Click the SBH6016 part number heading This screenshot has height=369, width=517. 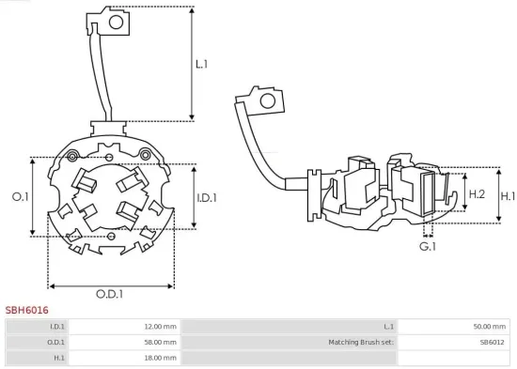(x=26, y=309)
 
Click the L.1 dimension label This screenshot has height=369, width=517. (x=202, y=65)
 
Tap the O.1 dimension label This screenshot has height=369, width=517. (x=20, y=197)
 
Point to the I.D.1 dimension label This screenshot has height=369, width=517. (x=208, y=198)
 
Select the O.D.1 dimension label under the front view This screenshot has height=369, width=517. (x=109, y=294)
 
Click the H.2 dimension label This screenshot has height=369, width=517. (x=476, y=193)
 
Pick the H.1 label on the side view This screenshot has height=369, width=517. (x=508, y=196)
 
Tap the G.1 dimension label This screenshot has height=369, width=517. (x=428, y=246)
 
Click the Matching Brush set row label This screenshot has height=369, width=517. (x=362, y=342)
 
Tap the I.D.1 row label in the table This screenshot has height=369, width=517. (x=57, y=326)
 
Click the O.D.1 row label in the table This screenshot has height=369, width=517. (x=57, y=342)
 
